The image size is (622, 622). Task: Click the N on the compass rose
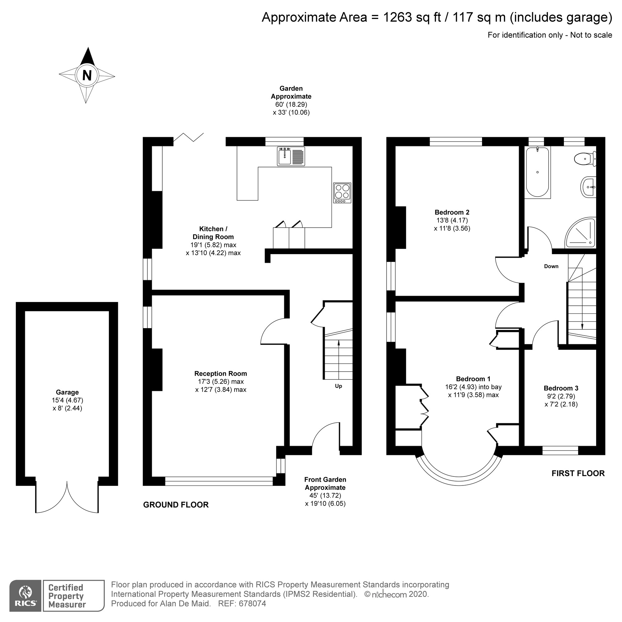(87, 75)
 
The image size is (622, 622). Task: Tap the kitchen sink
(291, 156)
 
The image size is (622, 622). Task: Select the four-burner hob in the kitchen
(342, 193)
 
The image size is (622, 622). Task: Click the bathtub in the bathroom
(537, 172)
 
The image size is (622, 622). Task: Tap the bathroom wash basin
(588, 187)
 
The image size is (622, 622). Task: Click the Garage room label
(67, 392)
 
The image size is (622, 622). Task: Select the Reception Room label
(220, 374)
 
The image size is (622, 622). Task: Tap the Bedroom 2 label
(452, 212)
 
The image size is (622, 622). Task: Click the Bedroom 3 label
(561, 388)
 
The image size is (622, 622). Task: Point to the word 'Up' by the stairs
(338, 386)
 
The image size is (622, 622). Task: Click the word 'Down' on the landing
(551, 266)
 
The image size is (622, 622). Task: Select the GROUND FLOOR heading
(176, 505)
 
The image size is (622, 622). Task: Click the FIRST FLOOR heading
(578, 473)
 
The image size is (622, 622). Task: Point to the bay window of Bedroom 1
(459, 471)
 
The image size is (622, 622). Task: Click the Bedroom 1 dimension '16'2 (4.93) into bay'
(473, 387)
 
